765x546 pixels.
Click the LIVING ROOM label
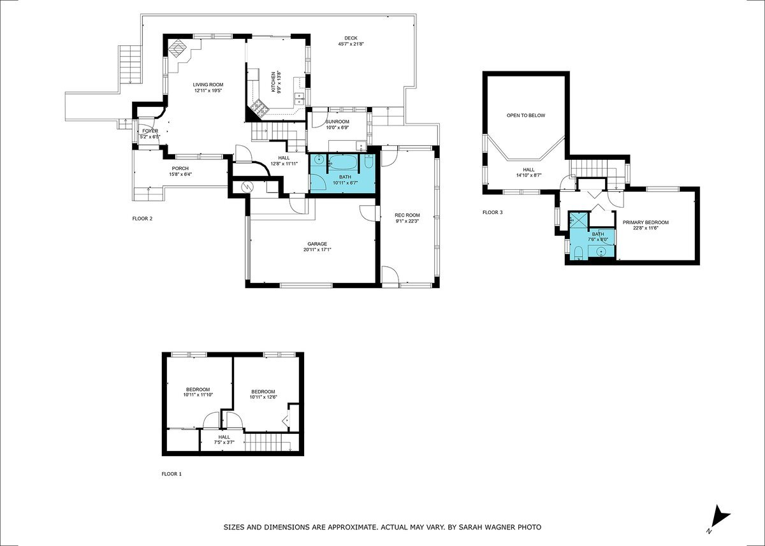pos(208,84)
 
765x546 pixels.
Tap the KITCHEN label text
pos(273,82)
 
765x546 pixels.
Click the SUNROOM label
pos(337,121)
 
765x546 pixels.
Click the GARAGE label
pos(317,243)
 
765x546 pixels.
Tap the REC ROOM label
pos(407,215)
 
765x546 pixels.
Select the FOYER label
pos(150,131)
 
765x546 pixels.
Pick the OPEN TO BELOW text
pos(526,115)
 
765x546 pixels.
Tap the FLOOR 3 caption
pos(492,212)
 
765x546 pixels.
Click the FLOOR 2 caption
pos(142,219)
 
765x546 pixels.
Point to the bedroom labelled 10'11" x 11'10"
pos(198,391)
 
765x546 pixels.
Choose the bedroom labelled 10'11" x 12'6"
pos(263,392)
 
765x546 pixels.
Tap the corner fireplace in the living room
pos(178,48)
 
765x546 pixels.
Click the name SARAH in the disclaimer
pos(470,528)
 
